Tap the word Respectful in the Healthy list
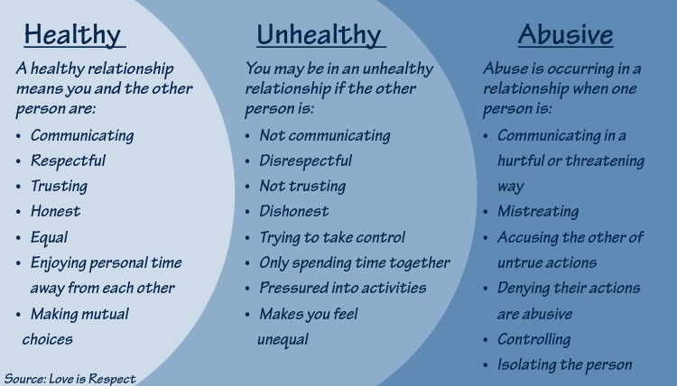(x=68, y=161)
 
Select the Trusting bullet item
(x=59, y=186)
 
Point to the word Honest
(x=55, y=211)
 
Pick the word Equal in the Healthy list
(x=49, y=237)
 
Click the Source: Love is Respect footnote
(x=70, y=378)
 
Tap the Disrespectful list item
(x=305, y=161)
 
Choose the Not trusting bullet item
(x=301, y=186)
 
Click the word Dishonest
(x=294, y=211)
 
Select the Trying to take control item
(x=332, y=237)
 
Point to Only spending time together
(x=354, y=262)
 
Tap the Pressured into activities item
(x=342, y=289)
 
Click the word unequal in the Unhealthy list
(x=283, y=339)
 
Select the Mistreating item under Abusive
(x=538, y=211)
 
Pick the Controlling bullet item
(x=533, y=339)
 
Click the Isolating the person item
(x=564, y=364)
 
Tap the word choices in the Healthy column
(x=47, y=339)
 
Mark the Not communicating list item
(x=324, y=135)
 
